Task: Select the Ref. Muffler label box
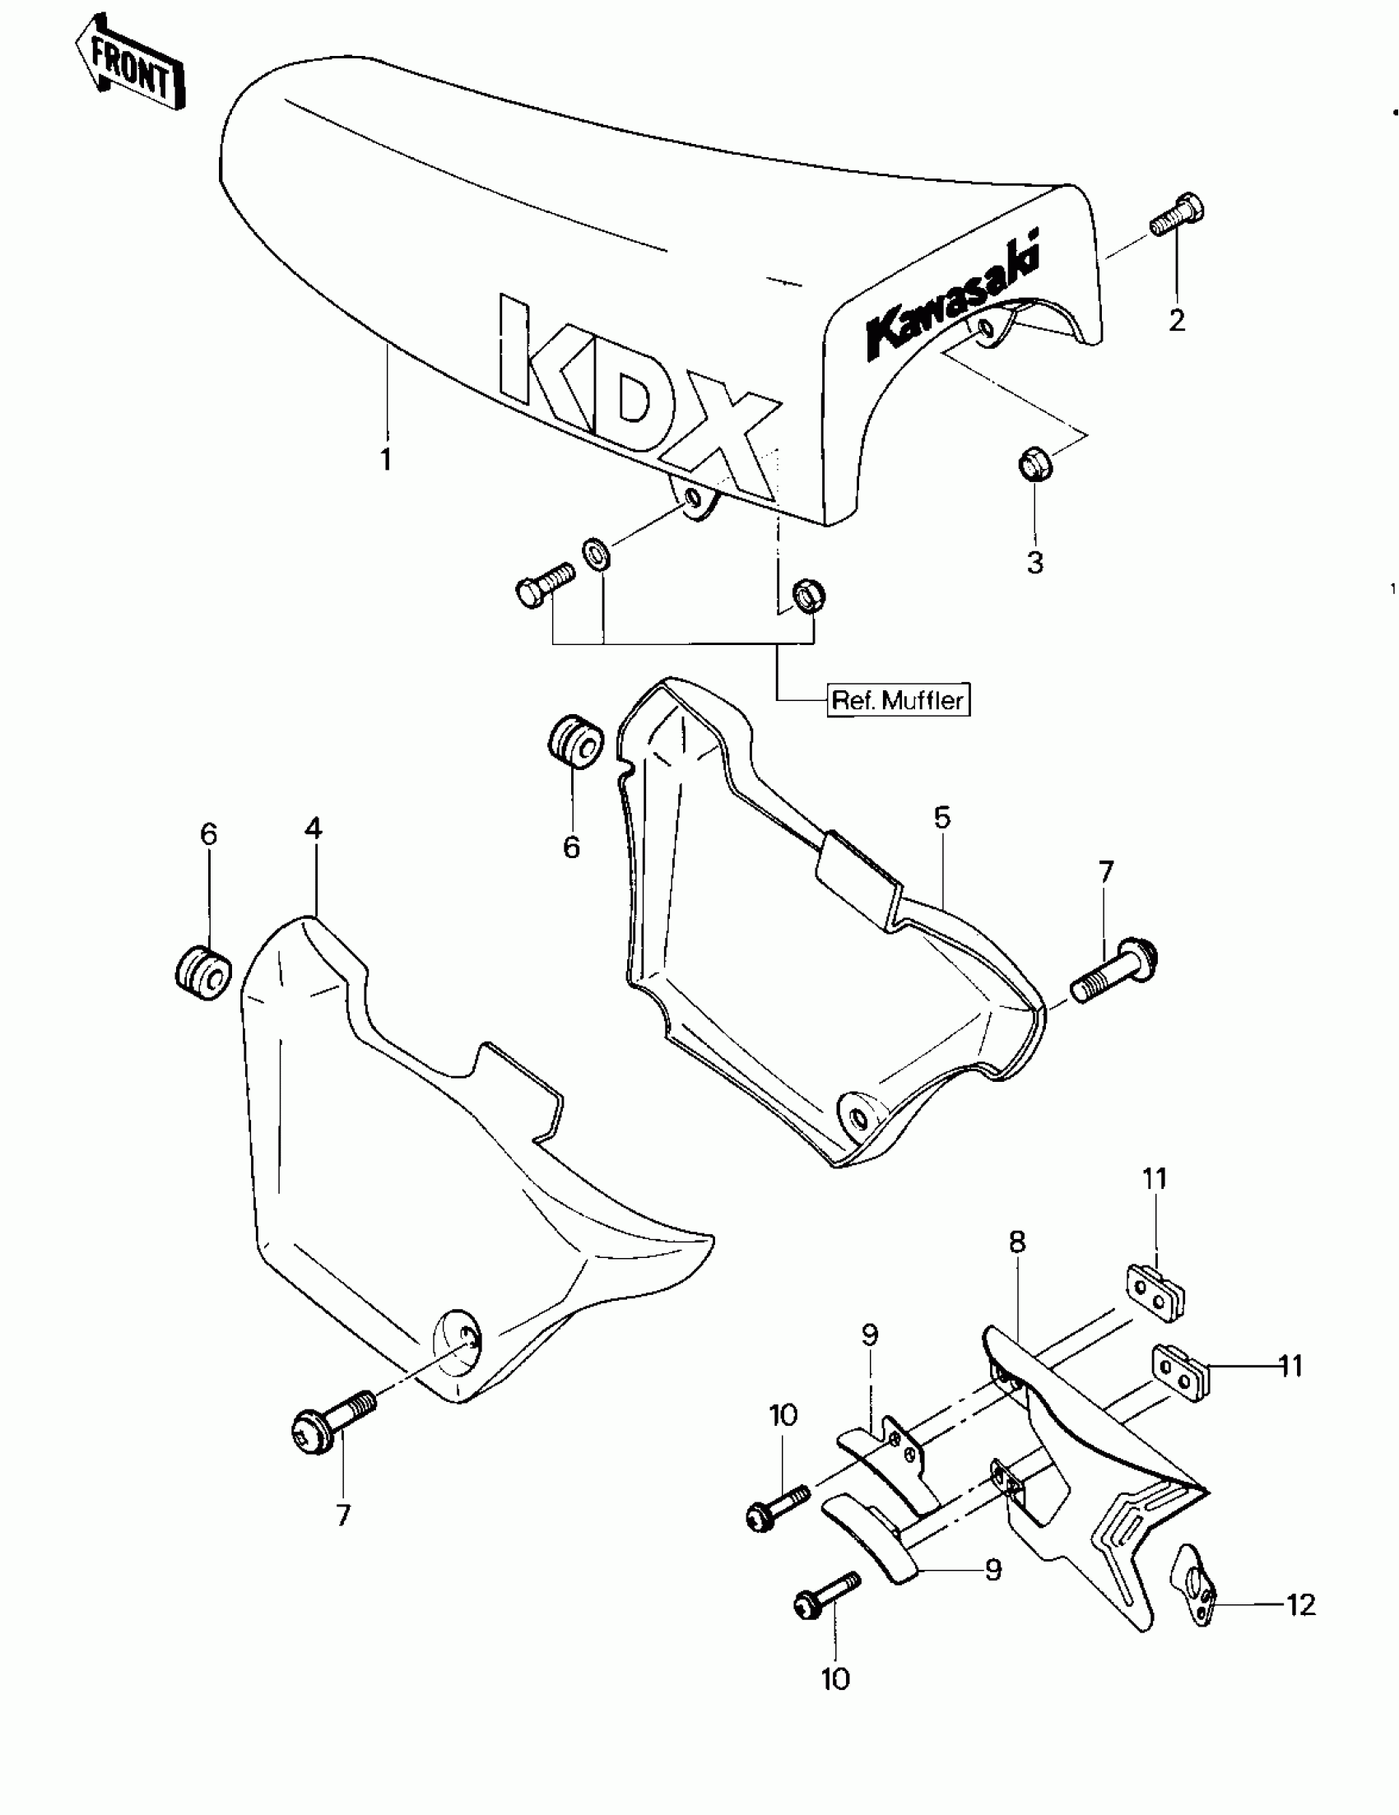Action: tap(899, 699)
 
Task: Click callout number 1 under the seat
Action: tap(386, 459)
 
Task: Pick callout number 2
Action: tap(1176, 320)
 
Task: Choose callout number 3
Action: tap(1035, 563)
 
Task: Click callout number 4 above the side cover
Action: tap(314, 828)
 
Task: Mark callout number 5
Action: tap(941, 818)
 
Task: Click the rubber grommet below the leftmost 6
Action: tap(203, 972)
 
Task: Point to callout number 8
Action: tap(1017, 1242)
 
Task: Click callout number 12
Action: tap(1301, 1604)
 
